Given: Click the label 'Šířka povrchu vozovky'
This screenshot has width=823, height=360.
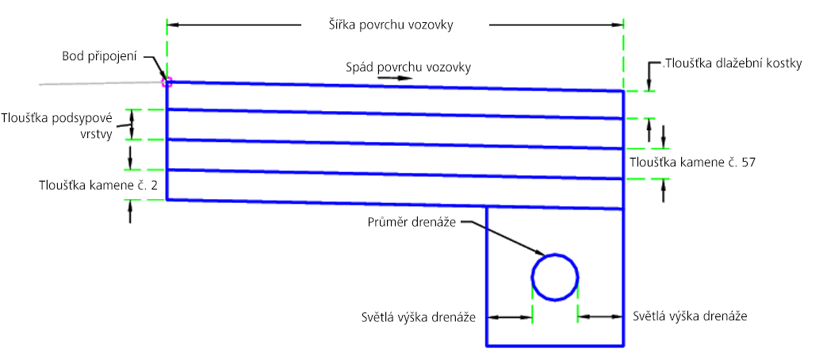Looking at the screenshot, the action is (x=388, y=25).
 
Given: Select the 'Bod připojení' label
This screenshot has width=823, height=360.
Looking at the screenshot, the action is (x=99, y=56).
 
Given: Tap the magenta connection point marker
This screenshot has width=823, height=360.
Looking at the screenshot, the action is (x=167, y=82).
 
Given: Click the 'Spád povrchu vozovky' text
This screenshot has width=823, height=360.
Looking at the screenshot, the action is (x=408, y=67).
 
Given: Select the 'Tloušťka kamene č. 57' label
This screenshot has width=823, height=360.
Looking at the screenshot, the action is (x=692, y=163).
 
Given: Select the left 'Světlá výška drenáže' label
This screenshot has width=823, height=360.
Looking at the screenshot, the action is (x=419, y=317).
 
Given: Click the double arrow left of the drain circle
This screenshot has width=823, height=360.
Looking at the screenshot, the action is (x=510, y=317).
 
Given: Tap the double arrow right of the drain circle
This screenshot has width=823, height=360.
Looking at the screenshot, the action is (x=600, y=316).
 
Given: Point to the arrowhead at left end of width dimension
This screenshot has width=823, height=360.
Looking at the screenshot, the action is (x=173, y=25).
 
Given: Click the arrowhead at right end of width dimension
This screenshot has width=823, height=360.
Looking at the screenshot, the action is (x=617, y=25).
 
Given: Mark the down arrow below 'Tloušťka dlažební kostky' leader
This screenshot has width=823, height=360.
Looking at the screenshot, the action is (x=649, y=84).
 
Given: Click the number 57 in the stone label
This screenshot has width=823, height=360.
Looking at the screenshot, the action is (x=748, y=163).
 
